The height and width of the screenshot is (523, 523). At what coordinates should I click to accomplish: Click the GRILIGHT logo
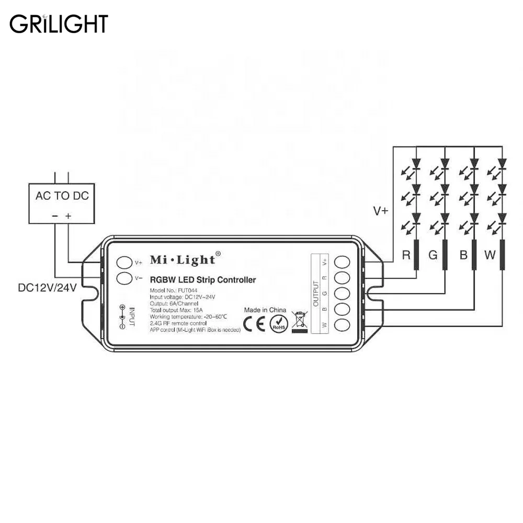59,24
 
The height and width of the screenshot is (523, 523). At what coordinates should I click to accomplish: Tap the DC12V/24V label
47,287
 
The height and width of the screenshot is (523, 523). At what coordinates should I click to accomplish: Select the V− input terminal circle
123,278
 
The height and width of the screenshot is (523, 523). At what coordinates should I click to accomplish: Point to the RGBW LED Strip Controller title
203,280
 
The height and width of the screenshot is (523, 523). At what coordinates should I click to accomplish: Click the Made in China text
265,310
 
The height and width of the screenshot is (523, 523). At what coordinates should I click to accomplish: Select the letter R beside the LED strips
405,255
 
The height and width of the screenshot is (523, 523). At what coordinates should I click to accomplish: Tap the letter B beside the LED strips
463,255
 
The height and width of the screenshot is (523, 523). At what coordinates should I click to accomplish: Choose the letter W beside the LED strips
490,255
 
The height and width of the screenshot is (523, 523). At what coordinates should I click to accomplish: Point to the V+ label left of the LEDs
381,211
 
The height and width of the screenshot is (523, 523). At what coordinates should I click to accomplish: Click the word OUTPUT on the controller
316,292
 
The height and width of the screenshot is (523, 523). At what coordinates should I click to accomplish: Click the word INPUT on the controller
132,317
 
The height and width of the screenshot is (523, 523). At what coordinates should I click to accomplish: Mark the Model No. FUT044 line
175,290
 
